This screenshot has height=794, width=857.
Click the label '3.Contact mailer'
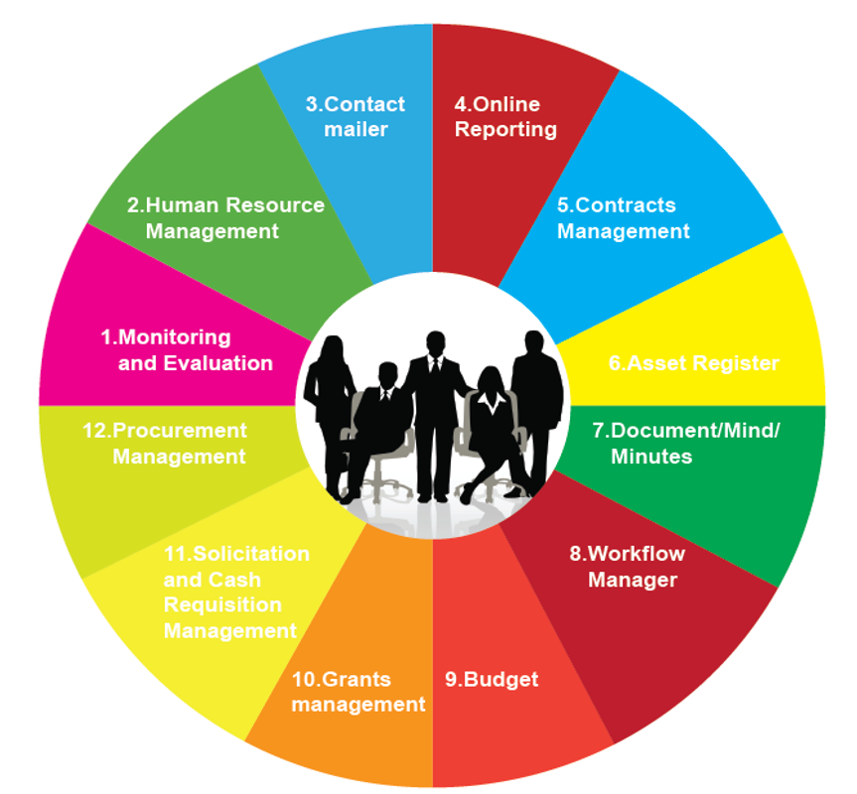[355, 116]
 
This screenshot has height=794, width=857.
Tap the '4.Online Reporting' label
[504, 116]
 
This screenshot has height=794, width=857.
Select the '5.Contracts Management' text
[623, 217]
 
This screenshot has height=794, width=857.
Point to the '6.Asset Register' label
[693, 362]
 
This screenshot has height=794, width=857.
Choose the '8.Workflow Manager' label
[628, 566]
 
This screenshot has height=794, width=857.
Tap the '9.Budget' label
[492, 679]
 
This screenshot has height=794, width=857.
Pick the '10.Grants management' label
[358, 692]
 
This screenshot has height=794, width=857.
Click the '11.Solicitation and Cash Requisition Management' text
[233, 592]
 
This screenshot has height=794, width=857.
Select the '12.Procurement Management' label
[179, 444]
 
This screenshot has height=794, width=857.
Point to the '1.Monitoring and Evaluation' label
[188, 349]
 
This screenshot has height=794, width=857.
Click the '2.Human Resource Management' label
[225, 217]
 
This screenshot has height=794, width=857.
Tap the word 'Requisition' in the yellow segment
[222, 604]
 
